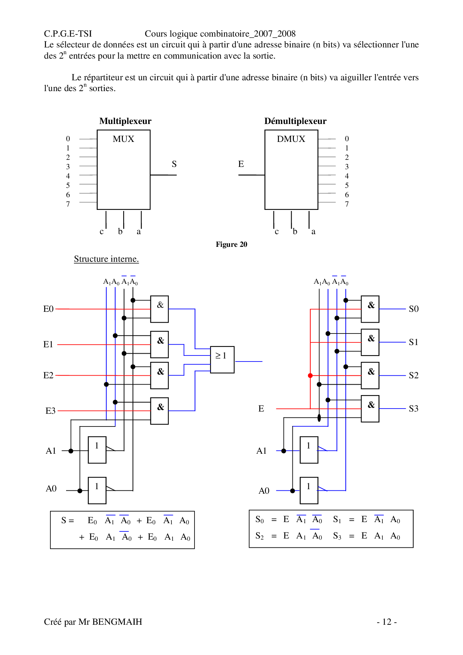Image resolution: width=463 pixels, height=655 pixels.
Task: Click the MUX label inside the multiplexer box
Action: (123, 139)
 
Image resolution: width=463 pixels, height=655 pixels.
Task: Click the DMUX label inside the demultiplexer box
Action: (291, 139)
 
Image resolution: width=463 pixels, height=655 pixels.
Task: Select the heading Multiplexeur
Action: (125, 121)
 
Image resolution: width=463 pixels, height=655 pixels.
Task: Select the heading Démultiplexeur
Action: (295, 121)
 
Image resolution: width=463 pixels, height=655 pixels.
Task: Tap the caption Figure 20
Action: (231, 244)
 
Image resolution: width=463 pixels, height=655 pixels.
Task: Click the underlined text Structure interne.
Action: (106, 259)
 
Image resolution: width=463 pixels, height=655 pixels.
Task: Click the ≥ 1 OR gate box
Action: (222, 359)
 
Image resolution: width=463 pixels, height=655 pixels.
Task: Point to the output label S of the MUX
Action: (174, 164)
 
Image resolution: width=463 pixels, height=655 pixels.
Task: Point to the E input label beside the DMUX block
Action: (241, 164)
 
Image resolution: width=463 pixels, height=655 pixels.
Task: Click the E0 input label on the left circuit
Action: (49, 309)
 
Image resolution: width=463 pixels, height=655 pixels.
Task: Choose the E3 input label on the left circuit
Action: (50, 411)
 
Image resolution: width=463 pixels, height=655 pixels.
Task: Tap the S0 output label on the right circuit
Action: (413, 309)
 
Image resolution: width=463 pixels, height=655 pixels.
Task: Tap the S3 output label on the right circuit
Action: (413, 409)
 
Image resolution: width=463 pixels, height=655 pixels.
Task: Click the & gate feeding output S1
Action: (370, 342)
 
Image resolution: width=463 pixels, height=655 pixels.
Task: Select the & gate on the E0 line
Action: (159, 309)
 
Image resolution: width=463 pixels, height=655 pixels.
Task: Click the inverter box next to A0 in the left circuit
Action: (97, 490)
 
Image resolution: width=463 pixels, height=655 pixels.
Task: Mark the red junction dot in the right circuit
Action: (310, 375)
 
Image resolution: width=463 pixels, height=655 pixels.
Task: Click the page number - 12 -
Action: (386, 622)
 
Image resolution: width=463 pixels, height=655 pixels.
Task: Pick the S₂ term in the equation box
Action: (260, 536)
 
